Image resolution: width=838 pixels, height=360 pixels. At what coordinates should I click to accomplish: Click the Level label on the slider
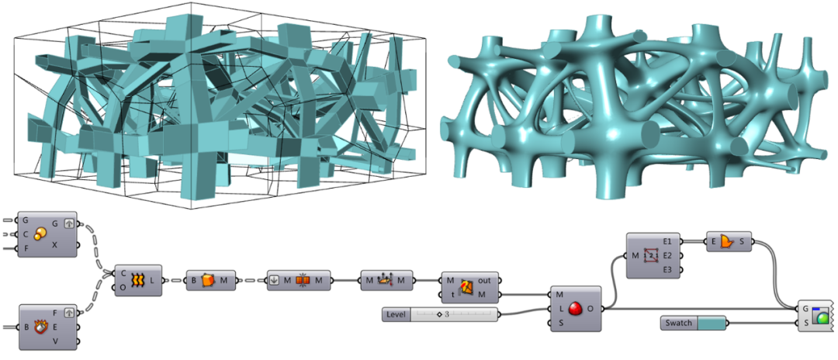(x=396, y=314)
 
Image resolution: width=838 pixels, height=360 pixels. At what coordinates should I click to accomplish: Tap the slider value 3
(x=447, y=314)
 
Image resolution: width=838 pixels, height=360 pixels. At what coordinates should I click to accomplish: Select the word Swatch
(x=679, y=323)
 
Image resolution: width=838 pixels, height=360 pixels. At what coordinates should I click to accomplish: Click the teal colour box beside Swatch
(x=712, y=323)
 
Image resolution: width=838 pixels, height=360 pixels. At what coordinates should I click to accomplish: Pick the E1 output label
(x=667, y=241)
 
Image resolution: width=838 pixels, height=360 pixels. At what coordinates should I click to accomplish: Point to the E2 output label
(x=667, y=255)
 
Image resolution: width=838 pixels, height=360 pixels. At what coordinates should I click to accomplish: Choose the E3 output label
(x=667, y=270)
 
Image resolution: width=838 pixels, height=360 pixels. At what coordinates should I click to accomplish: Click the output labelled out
(x=484, y=280)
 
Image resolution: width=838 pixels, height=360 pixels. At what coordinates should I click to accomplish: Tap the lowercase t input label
(x=452, y=294)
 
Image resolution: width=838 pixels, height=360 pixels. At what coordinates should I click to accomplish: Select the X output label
(x=55, y=244)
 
